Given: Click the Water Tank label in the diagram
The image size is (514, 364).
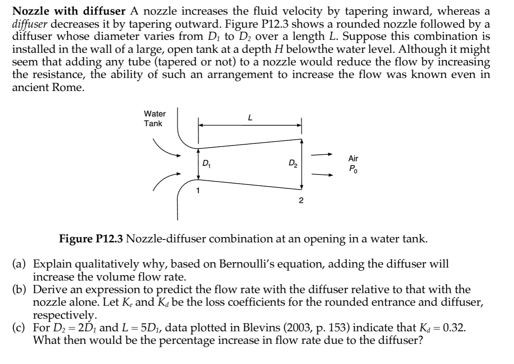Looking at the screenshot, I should pos(155,119).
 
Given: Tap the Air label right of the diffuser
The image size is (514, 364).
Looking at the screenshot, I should pos(354,159).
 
